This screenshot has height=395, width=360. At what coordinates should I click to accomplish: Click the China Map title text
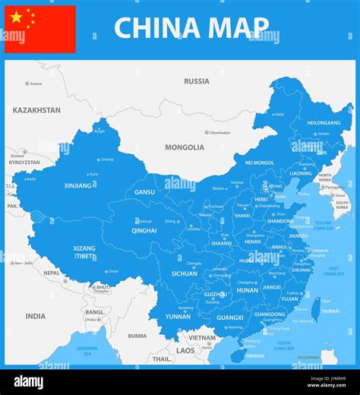pyautogui.click(x=191, y=27)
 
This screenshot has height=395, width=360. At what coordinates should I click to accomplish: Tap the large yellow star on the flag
pyautogui.click(x=16, y=17)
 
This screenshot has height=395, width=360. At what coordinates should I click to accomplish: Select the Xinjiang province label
pyautogui.click(x=77, y=185)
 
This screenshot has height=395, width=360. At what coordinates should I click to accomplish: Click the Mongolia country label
pyautogui.click(x=185, y=147)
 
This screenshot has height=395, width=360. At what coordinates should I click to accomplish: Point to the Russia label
pyautogui.click(x=197, y=81)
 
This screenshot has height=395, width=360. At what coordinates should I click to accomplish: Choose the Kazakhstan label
pyautogui.click(x=36, y=110)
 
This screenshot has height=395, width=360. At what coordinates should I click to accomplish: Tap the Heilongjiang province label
pyautogui.click(x=324, y=123)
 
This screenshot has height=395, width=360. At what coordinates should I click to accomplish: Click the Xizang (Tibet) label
pyautogui.click(x=84, y=251)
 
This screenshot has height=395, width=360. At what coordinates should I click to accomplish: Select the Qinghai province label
pyautogui.click(x=144, y=230)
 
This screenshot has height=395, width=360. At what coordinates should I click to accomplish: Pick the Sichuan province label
pyautogui.click(x=184, y=273)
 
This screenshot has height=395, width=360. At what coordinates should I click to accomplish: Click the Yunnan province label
pyautogui.click(x=178, y=316)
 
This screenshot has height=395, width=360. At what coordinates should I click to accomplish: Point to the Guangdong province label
pyautogui.click(x=270, y=314)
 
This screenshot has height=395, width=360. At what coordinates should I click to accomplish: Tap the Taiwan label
pyautogui.click(x=330, y=311)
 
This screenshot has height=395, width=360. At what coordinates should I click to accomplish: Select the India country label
pyautogui.click(x=35, y=316)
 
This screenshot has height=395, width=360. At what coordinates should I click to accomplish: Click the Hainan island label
pyautogui.click(x=255, y=355)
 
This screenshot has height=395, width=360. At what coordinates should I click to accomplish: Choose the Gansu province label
pyautogui.click(x=144, y=192)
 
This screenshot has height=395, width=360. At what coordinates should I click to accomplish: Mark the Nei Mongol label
pyautogui.click(x=260, y=163)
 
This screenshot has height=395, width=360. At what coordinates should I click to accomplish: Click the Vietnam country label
pyautogui.click(x=202, y=337)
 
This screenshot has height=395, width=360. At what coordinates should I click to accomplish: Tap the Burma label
pyautogui.click(x=137, y=336)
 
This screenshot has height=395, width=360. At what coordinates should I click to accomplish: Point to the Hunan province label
pyautogui.click(x=248, y=290)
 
